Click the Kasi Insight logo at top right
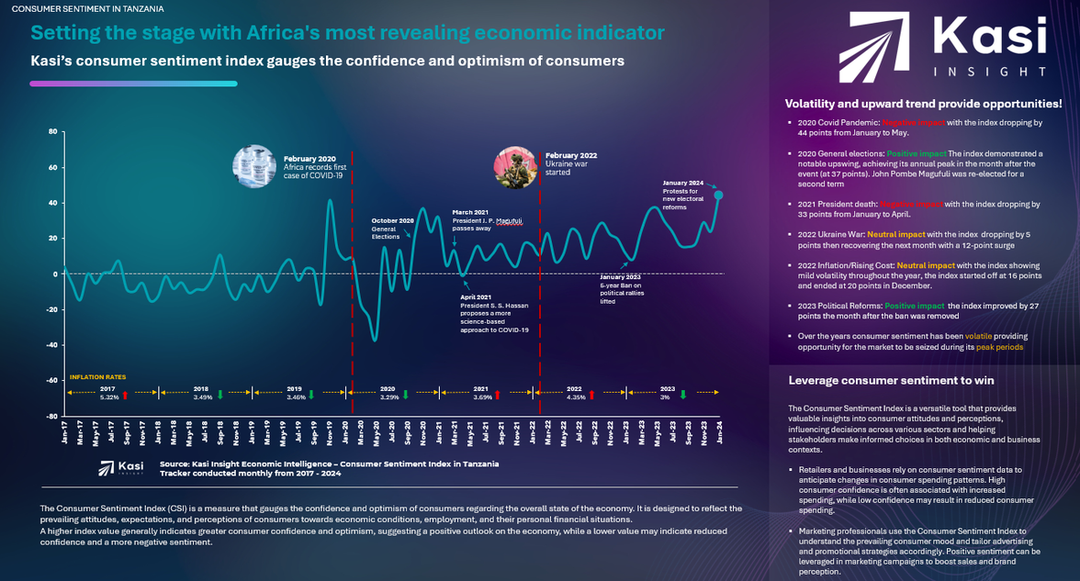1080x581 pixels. click(941, 44)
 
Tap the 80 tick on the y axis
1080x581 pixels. click(52, 131)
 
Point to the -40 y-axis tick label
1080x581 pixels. click(51, 345)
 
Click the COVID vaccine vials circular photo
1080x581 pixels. click(254, 166)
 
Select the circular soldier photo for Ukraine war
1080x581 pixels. click(515, 166)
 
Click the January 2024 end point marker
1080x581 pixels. click(718, 195)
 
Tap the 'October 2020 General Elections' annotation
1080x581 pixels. click(393, 229)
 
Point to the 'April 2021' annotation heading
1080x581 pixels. click(475, 296)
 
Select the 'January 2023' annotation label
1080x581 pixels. click(620, 276)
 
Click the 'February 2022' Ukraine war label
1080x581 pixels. click(570, 156)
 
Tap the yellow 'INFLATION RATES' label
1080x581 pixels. click(97, 376)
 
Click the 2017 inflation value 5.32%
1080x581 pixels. click(108, 397)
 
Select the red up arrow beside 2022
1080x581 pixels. click(591, 396)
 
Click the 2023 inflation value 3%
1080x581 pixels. click(665, 397)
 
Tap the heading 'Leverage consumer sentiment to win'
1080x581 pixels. click(879, 380)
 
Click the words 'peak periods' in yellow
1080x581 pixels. click(999, 347)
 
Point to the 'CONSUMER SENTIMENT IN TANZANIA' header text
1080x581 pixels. click(88, 8)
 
